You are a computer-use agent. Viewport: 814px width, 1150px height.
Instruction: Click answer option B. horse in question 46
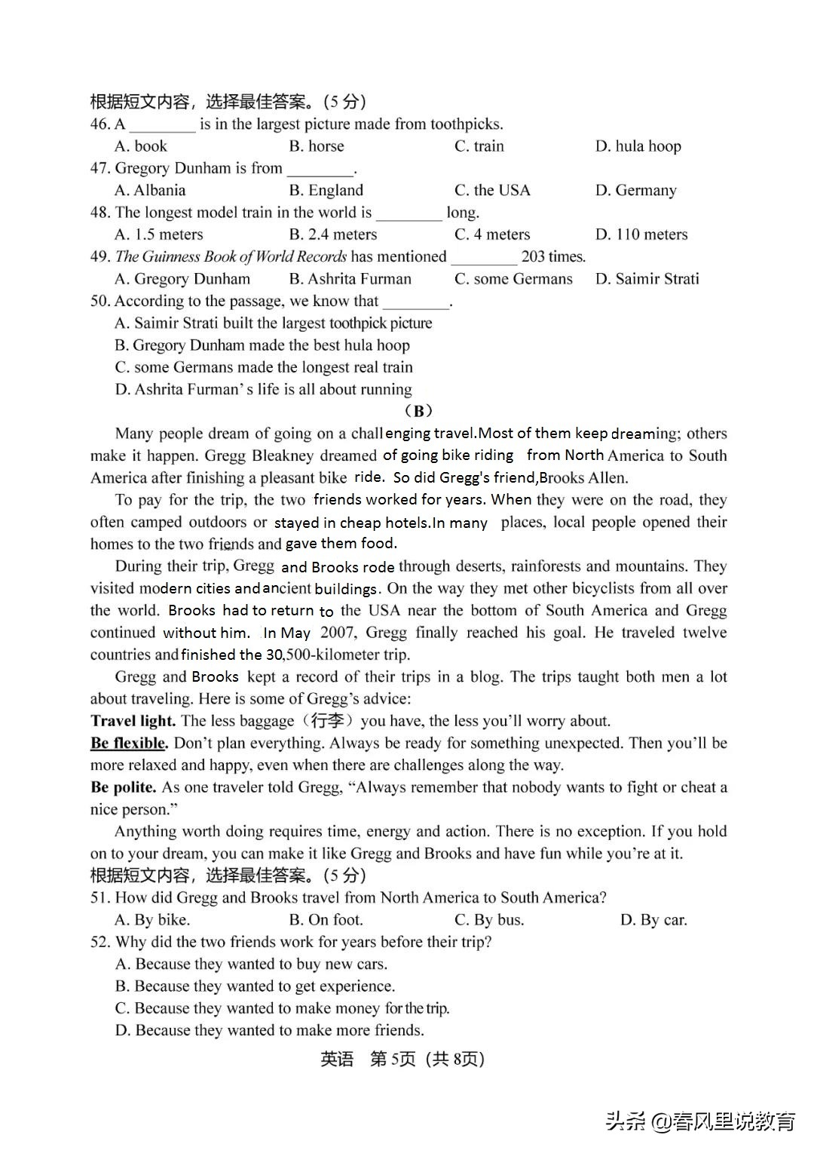(x=317, y=146)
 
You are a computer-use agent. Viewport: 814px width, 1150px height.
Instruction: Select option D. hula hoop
(x=638, y=146)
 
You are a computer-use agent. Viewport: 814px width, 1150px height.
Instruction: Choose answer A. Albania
(x=150, y=190)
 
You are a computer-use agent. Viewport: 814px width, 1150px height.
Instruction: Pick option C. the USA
(x=492, y=190)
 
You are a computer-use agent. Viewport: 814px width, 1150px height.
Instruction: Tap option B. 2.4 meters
(x=333, y=235)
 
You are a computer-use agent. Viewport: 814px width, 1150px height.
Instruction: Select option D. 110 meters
(x=641, y=235)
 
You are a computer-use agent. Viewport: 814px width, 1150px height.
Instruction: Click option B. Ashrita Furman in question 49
(x=350, y=279)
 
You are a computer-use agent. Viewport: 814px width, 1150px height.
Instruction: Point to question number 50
(x=100, y=301)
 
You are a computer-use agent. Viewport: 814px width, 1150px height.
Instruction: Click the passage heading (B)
(x=418, y=411)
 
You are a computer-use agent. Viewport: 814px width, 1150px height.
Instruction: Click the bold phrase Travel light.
(x=133, y=721)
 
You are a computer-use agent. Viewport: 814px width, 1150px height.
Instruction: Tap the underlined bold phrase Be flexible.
(x=129, y=743)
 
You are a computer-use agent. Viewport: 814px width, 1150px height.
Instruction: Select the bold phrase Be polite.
(x=124, y=787)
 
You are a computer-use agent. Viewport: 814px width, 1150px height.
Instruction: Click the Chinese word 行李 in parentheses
(x=327, y=721)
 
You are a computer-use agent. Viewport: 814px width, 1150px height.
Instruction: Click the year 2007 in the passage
(x=338, y=633)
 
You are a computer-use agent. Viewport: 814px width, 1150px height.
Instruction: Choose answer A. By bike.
(x=152, y=920)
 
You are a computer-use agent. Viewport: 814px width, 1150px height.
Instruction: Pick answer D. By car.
(x=653, y=920)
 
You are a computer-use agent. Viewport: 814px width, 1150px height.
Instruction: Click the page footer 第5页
(x=393, y=1059)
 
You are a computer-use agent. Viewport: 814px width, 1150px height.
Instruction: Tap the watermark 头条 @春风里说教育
(x=701, y=1121)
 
